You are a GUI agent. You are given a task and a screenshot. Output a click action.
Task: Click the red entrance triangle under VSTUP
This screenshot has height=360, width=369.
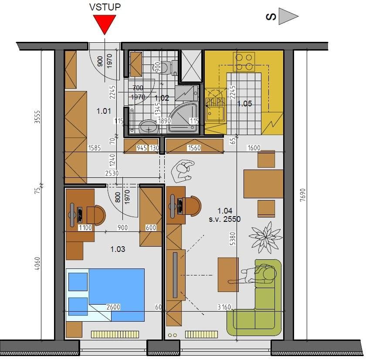point(105,23)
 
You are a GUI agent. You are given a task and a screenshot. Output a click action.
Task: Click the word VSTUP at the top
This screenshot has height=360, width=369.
point(105,7)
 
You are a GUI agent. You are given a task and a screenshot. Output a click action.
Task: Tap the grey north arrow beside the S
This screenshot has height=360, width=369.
point(288,17)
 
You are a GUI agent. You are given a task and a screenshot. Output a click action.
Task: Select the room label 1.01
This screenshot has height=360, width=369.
point(104,111)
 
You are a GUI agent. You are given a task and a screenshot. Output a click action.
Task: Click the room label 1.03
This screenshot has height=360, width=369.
point(118,249)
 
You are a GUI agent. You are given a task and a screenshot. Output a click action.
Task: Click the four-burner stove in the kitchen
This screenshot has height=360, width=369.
point(244,62)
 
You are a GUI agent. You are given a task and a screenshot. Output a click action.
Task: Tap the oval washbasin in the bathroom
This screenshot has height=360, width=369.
point(149,126)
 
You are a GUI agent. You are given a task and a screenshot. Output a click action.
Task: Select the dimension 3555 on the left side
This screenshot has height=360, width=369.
point(37,117)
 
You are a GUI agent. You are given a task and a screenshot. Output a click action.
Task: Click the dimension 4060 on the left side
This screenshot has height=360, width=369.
point(37,264)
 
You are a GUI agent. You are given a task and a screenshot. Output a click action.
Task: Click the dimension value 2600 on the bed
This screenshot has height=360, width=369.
point(113,307)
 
